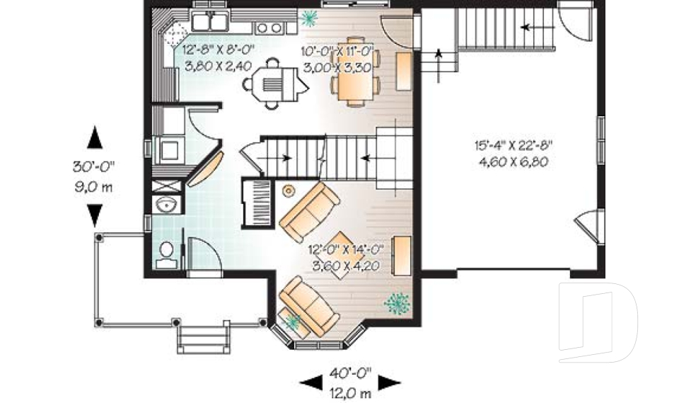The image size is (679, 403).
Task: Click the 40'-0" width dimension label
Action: [350, 373]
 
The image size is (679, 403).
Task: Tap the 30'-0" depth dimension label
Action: [93, 166]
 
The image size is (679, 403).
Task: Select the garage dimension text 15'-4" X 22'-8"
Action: [513, 145]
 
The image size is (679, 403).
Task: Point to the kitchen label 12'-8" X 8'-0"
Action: [218, 50]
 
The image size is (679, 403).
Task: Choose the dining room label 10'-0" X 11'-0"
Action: [337, 52]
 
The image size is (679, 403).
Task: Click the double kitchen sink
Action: [211, 21]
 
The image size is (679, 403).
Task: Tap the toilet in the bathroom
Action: [166, 255]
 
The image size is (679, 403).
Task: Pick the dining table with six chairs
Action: [355, 72]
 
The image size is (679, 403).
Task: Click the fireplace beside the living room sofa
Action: [257, 202]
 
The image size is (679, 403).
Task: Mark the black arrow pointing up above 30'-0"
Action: [95, 137]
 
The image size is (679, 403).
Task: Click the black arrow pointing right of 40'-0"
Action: [389, 382]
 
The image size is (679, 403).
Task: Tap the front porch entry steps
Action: [203, 339]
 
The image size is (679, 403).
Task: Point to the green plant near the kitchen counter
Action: [309, 18]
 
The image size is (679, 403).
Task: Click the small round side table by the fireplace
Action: [288, 190]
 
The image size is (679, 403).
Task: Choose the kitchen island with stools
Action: [274, 84]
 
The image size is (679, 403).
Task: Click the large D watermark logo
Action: [598, 322]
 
